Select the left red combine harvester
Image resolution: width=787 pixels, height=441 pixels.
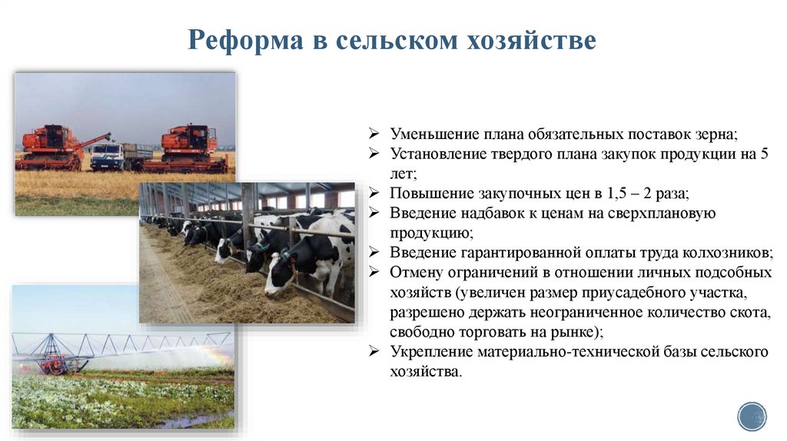click(51, 148)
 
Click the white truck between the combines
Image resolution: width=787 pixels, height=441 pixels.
click(108, 156)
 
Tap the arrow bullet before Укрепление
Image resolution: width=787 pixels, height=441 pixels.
click(374, 353)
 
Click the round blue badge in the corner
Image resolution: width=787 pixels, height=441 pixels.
click(752, 416)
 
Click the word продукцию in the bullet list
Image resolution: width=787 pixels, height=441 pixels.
click(430, 233)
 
